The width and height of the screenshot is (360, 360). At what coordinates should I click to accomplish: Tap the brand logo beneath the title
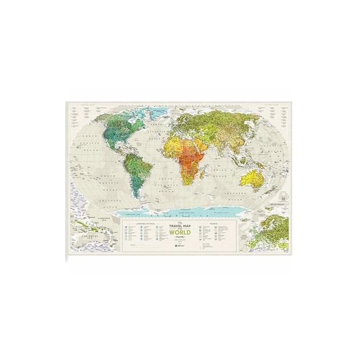(180, 246)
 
